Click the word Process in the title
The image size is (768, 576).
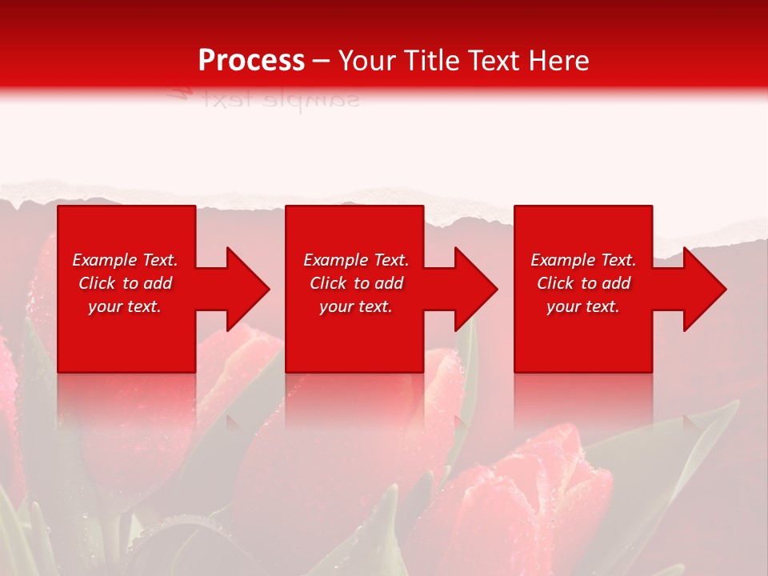(x=251, y=61)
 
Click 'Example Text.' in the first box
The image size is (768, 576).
(x=125, y=260)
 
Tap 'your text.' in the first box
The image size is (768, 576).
(x=125, y=306)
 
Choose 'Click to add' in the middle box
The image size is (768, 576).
(x=356, y=283)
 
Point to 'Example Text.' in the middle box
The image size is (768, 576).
(x=356, y=260)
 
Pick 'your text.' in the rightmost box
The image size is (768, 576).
(x=583, y=306)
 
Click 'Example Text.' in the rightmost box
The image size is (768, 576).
(x=583, y=260)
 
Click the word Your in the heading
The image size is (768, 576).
(x=366, y=61)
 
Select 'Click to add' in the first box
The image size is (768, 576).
(x=125, y=283)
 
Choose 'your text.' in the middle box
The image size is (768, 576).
(x=356, y=306)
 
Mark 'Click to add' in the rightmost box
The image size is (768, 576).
(x=583, y=283)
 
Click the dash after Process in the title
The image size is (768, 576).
(x=322, y=62)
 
